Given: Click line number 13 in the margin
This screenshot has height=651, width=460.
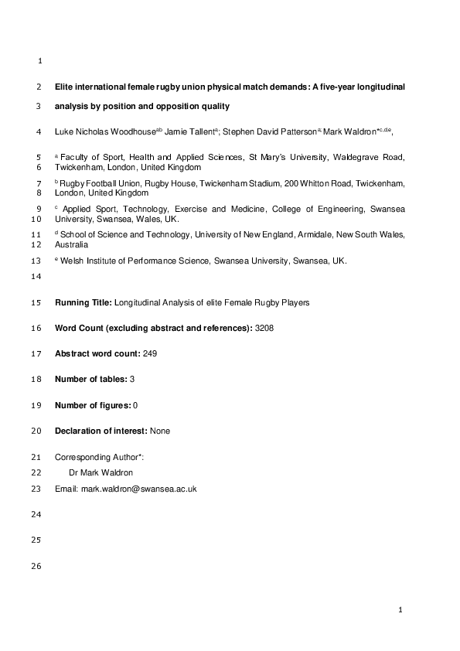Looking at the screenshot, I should [x=39, y=261].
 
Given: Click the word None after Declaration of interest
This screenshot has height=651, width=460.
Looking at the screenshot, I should [x=160, y=431].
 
